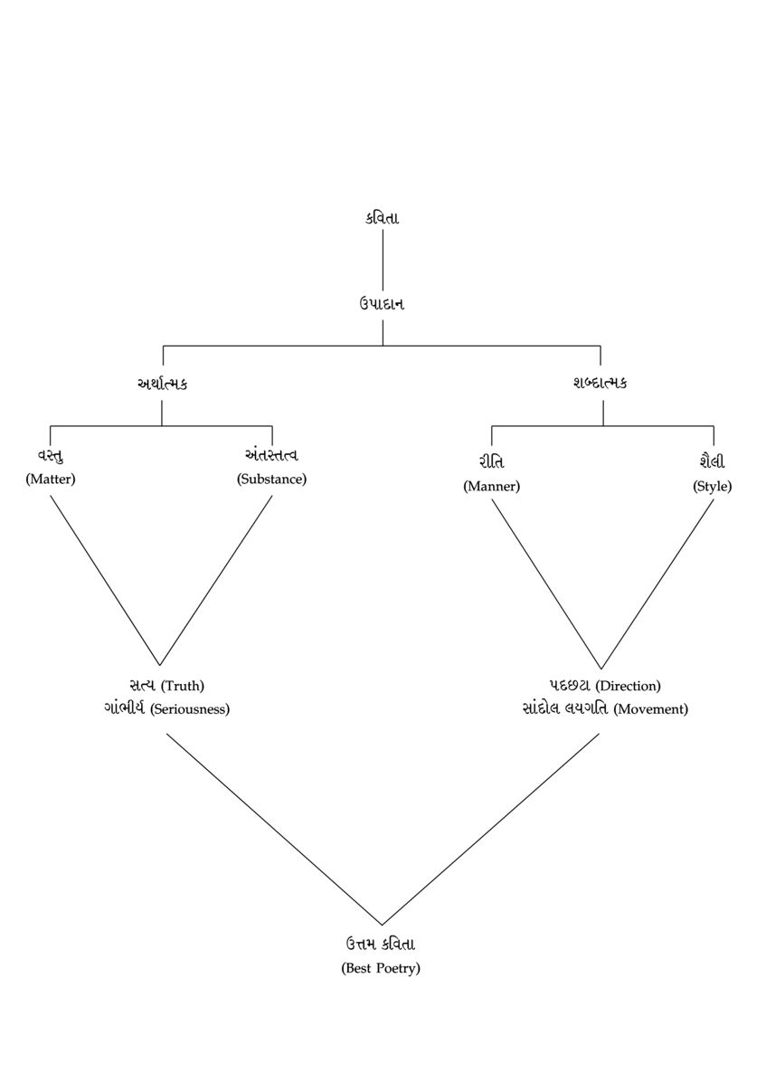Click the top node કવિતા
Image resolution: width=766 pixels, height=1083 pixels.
[382, 218]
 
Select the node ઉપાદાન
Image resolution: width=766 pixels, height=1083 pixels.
[382, 304]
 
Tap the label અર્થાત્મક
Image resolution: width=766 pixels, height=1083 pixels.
[162, 383]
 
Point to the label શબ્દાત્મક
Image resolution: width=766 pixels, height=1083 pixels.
[601, 383]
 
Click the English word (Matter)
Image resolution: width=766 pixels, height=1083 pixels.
[51, 480]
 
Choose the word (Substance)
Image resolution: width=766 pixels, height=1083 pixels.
[271, 480]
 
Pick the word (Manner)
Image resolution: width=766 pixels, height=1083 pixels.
[491, 487]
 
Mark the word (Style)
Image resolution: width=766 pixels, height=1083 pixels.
[713, 487]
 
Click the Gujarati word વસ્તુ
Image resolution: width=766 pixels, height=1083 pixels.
[51, 455]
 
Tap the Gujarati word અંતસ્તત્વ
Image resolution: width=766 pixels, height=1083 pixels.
[271, 455]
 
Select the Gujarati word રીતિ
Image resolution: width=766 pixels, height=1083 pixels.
[491, 462]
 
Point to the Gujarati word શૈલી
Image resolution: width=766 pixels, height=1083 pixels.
[713, 462]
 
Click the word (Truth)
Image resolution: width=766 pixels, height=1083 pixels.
[183, 686]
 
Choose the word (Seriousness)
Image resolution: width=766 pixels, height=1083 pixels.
[190, 709]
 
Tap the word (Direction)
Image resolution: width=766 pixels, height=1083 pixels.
[628, 686]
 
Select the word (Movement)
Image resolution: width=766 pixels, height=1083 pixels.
[650, 709]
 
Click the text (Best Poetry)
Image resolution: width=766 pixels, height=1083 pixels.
[381, 969]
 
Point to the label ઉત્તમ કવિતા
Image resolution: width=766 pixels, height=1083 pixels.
[381, 945]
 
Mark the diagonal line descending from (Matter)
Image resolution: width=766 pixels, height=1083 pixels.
[105, 580]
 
